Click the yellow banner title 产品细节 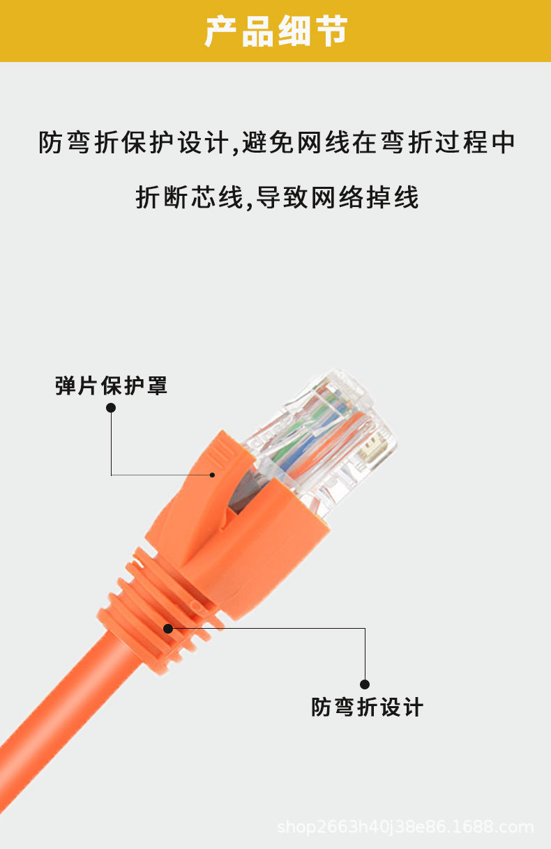[275, 32]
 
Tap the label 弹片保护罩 [112, 385]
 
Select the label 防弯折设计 [367, 707]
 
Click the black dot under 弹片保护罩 [111, 408]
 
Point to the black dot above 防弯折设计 [365, 684]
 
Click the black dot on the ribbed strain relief [168, 628]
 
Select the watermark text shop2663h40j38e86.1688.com [405, 827]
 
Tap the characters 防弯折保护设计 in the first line [133, 143]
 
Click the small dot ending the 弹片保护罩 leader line [213, 475]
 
